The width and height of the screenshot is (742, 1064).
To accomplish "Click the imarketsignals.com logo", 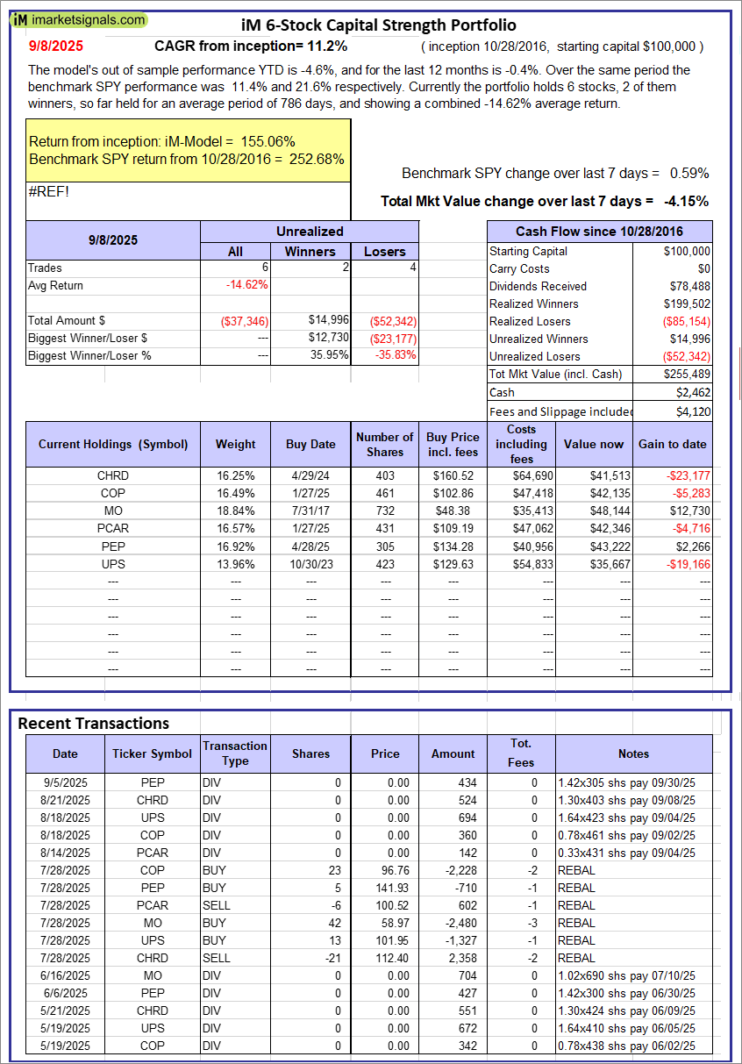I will tap(79, 19).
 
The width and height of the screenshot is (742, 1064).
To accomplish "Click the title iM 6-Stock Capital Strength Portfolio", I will tap(378, 25).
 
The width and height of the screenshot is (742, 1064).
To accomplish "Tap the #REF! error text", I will tap(49, 192).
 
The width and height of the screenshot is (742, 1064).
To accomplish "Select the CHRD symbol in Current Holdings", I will tap(113, 475).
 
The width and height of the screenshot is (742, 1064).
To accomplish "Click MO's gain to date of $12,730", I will tap(688, 511).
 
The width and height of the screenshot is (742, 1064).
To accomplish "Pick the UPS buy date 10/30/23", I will tap(310, 563).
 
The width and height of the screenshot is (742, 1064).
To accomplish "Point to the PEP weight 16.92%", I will tap(236, 546).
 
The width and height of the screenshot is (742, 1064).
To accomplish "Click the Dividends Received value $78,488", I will tap(688, 286).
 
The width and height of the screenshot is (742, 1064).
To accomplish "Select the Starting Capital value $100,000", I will tap(686, 251).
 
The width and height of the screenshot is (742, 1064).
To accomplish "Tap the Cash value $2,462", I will tap(693, 391).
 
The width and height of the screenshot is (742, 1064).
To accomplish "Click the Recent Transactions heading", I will tap(94, 723).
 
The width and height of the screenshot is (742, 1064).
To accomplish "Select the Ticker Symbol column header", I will tap(152, 753).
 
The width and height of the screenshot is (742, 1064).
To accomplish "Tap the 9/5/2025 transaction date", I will tap(65, 782).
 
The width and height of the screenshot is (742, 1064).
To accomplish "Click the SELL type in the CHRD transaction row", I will tap(215, 958).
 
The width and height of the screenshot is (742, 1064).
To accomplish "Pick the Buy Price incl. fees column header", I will tap(453, 444).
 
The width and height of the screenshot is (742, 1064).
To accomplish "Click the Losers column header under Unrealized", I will tap(384, 251).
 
